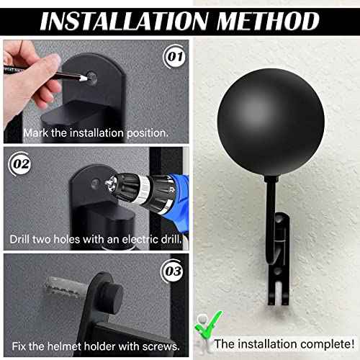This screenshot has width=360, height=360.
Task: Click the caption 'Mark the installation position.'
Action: click(x=96, y=132)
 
